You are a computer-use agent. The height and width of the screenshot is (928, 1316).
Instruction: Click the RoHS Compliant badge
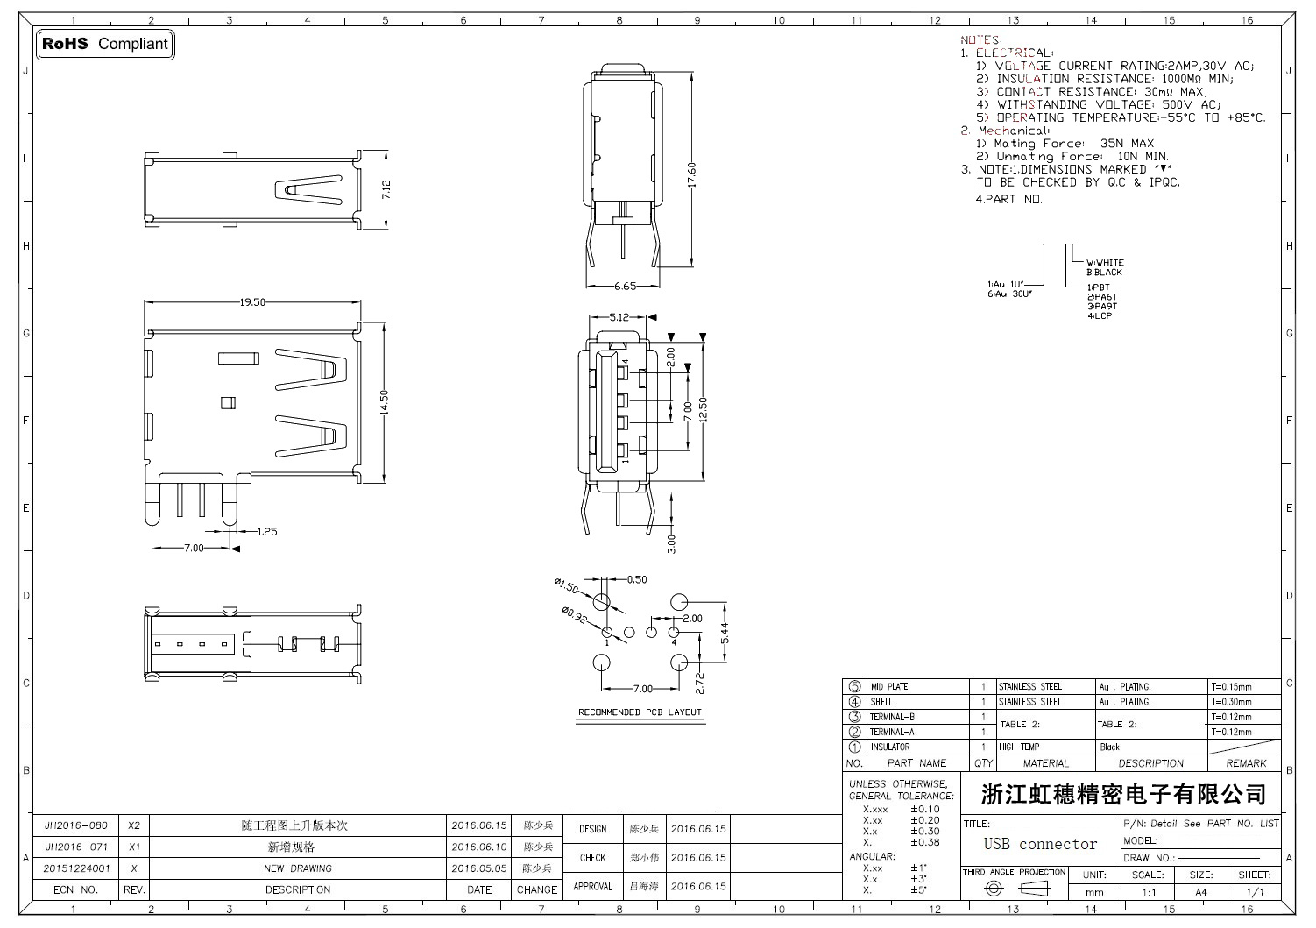105,44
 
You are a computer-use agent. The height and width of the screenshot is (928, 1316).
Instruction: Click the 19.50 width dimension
252,302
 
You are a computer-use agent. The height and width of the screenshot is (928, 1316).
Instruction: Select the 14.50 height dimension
385,405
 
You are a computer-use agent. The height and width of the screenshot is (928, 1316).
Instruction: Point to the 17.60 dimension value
692,174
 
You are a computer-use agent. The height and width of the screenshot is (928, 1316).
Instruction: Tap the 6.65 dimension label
625,286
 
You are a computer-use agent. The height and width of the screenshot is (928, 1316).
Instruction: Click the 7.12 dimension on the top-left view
386,191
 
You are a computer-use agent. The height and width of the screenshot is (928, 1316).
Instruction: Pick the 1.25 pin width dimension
267,531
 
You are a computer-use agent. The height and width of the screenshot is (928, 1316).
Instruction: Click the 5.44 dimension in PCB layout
724,633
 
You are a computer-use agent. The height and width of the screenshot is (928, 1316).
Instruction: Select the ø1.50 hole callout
567,585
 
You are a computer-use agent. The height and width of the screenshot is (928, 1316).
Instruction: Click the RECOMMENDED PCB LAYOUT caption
640,712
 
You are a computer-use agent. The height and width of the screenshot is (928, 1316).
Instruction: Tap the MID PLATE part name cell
888,687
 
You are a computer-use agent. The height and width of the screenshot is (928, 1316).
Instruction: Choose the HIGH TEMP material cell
1019,747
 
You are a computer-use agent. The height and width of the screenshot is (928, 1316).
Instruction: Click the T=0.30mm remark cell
1231,702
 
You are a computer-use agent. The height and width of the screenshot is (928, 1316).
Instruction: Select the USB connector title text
1040,844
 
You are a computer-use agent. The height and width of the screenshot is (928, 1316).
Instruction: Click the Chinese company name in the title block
1123,795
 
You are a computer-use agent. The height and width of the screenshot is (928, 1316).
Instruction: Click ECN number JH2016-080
76,825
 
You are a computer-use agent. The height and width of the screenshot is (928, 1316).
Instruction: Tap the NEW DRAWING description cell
298,868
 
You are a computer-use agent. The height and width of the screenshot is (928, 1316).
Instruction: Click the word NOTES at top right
980,40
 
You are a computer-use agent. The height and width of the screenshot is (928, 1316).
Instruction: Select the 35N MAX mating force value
1127,143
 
